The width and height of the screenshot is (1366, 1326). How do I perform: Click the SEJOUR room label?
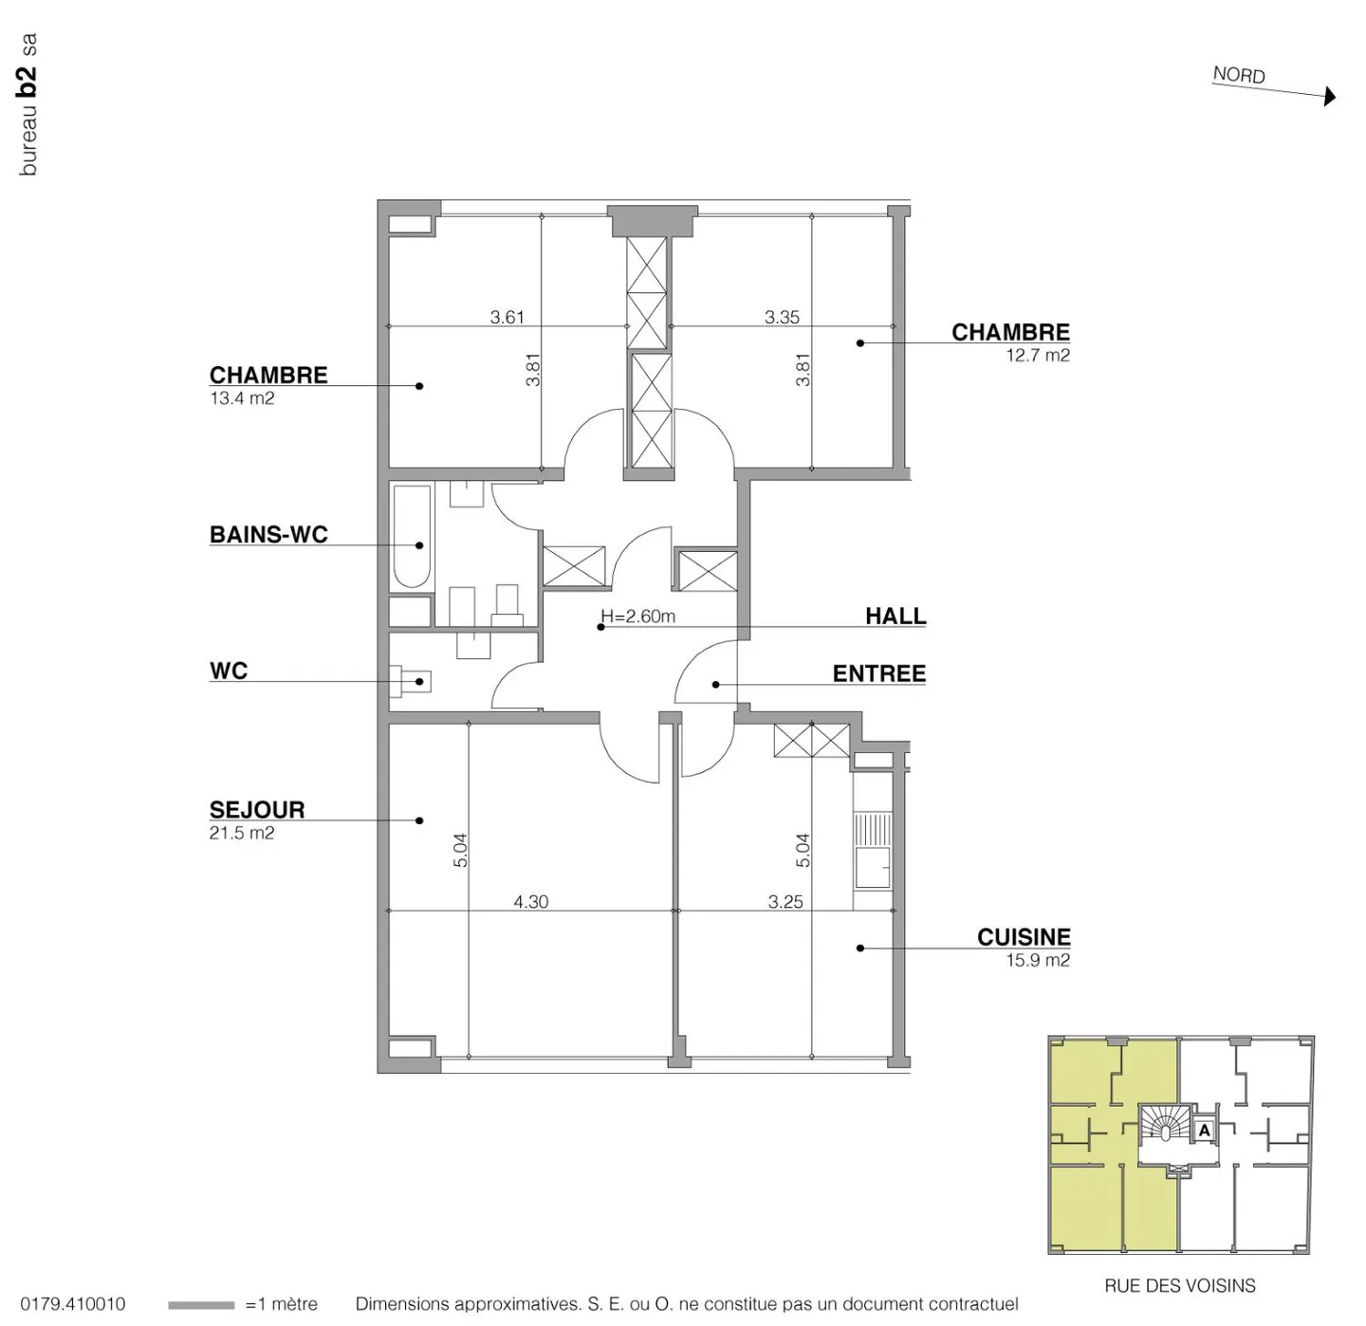257,809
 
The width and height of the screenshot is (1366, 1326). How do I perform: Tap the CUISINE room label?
1024,936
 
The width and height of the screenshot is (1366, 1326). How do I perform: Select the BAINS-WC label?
268,534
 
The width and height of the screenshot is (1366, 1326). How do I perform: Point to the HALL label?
895,616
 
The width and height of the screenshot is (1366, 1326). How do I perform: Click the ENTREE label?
878,673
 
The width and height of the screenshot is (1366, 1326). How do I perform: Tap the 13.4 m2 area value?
242,398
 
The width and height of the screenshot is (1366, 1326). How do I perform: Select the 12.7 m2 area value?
1038,356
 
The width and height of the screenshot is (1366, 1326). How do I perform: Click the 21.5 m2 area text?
242,833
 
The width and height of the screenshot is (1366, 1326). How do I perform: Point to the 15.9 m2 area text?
1038,960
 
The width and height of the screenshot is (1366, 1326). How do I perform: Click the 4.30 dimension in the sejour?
531,901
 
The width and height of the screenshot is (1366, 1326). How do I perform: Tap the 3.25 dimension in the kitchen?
785,901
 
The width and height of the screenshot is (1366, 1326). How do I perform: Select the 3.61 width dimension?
507,317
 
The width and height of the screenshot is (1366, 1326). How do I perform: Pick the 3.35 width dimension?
782,317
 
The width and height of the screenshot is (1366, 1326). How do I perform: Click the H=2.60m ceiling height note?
639,617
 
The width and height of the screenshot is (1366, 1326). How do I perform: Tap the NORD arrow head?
1330,96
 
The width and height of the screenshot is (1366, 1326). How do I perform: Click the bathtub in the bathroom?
411,537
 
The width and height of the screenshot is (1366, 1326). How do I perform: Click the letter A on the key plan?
1205,1131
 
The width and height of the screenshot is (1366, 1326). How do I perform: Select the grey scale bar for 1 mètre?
200,1305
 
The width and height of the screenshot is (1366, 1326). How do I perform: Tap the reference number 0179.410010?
72,1304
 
